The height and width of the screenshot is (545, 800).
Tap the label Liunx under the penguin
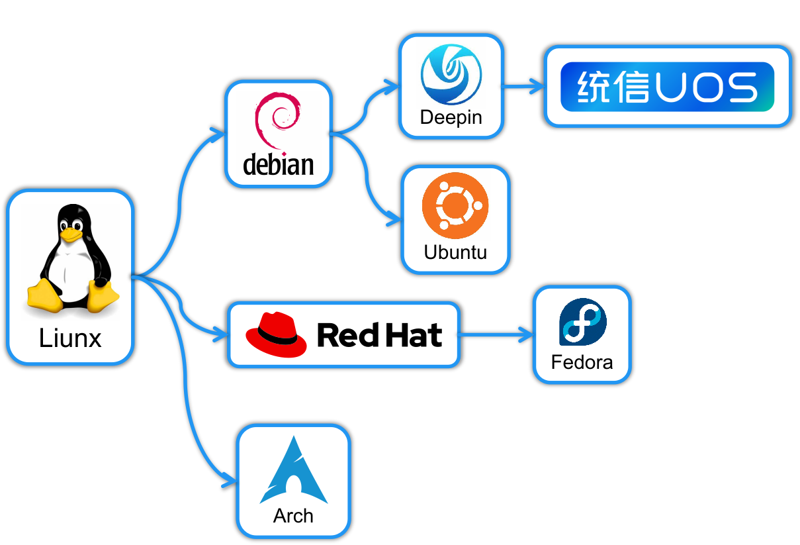coord(70,338)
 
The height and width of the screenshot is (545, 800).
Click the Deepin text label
coord(451,118)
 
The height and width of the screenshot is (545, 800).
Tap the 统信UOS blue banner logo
coord(667,87)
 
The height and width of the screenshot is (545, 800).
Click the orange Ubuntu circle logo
coord(455,205)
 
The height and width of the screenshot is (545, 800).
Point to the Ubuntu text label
coord(455,252)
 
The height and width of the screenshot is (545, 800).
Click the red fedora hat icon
coord(277,334)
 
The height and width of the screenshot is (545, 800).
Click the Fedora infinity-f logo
coord(582,322)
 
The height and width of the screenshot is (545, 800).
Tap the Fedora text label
coord(582,363)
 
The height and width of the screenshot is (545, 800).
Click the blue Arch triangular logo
coord(293,470)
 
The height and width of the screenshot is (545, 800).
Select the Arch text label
coord(293,516)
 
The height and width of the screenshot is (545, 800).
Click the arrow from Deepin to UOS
coord(523,85)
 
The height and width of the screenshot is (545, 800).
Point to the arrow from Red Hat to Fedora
coord(496,334)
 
